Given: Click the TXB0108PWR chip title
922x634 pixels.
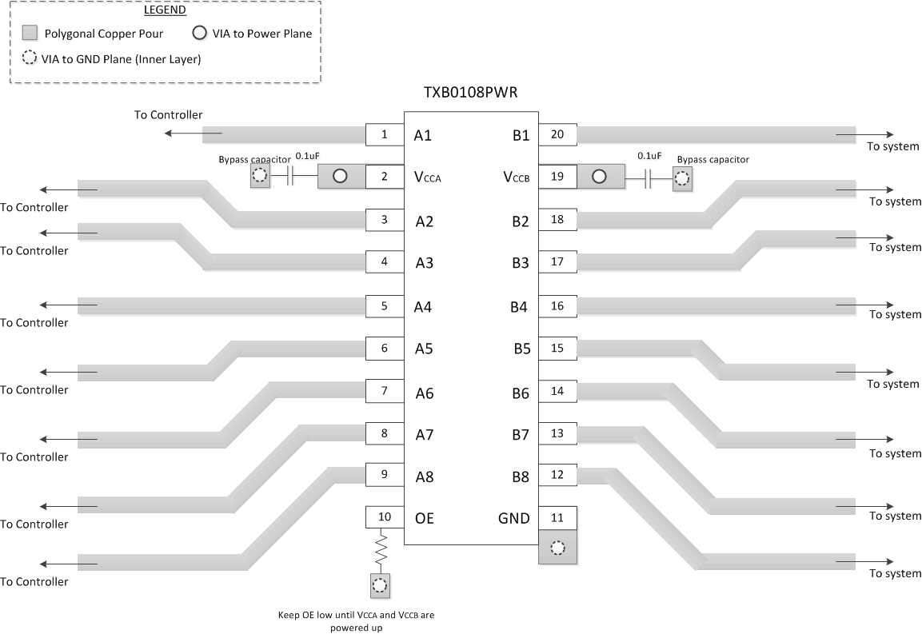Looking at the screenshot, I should tap(470, 93).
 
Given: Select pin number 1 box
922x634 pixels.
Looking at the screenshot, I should tap(385, 135).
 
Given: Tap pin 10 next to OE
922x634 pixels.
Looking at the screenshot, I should tap(385, 517).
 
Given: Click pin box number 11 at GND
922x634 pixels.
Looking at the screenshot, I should tap(557, 517).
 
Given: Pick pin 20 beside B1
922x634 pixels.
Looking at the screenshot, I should tap(557, 135).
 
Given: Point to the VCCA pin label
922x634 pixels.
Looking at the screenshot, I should tap(427, 177).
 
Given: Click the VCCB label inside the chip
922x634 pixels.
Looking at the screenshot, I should tap(517, 177).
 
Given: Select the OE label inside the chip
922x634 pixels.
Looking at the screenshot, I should tap(424, 518).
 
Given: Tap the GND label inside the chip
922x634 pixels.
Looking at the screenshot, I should tap(513, 518).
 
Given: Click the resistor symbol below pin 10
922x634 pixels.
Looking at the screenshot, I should tap(381, 549).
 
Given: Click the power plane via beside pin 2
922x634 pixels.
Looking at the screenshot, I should tap(340, 177).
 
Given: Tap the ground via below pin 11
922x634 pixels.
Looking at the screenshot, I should tap(557, 548).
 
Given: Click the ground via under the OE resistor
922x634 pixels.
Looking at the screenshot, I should tap(380, 586).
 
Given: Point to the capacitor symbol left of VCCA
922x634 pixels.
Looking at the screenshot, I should tap(292, 177).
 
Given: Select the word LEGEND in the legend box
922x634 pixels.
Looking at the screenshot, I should tap(165, 11).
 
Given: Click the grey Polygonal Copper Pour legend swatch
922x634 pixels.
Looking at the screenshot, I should tap(30, 34).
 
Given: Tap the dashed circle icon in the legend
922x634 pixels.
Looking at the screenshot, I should tap(30, 58).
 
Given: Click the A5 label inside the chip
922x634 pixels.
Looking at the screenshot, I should tap(424, 348).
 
